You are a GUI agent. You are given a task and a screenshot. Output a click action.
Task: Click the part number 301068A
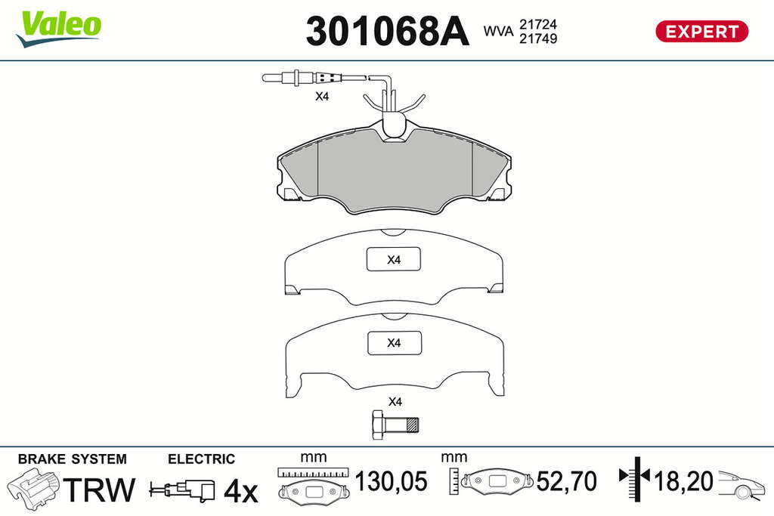point(387,31)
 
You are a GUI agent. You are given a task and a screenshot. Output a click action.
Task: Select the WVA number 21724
point(537,24)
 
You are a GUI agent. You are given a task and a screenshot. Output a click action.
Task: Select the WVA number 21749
point(537,39)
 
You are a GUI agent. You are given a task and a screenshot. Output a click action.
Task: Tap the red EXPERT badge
point(701,32)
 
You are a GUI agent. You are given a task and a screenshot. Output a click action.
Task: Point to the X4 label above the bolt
point(395,402)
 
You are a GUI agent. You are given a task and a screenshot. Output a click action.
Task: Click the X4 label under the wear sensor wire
point(322,96)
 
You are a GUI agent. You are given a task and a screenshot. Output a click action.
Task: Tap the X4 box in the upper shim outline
point(393,259)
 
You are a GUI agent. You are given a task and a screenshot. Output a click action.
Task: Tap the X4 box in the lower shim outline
point(395,343)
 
